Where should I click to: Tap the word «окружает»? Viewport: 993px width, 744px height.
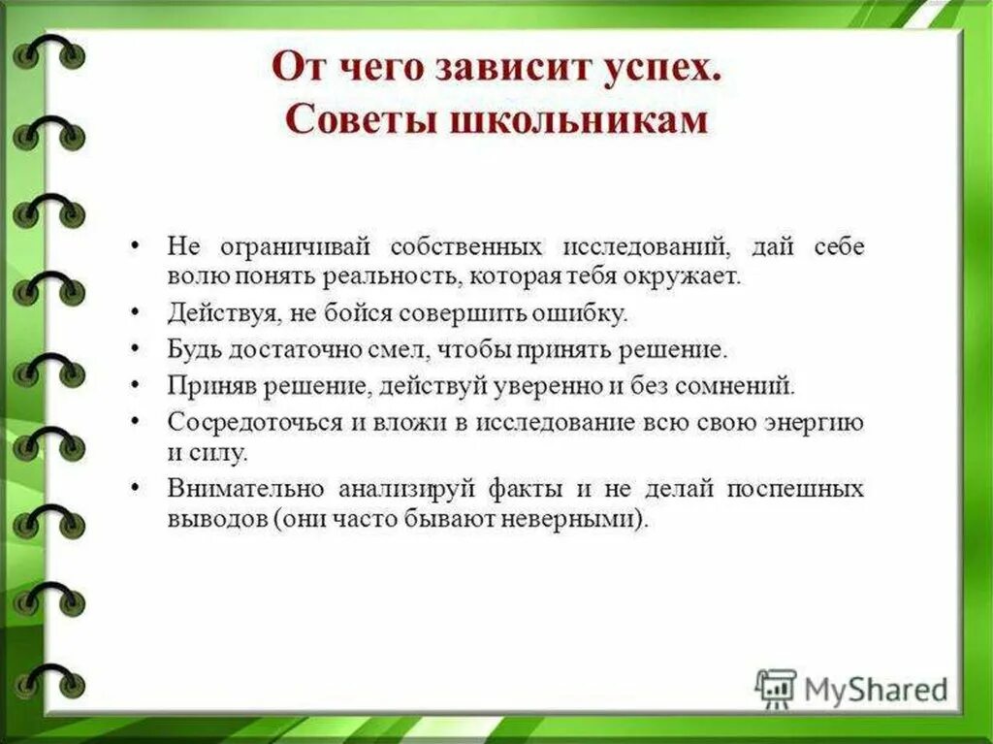click(691, 275)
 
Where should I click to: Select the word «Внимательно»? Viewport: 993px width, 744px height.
click(229, 488)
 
